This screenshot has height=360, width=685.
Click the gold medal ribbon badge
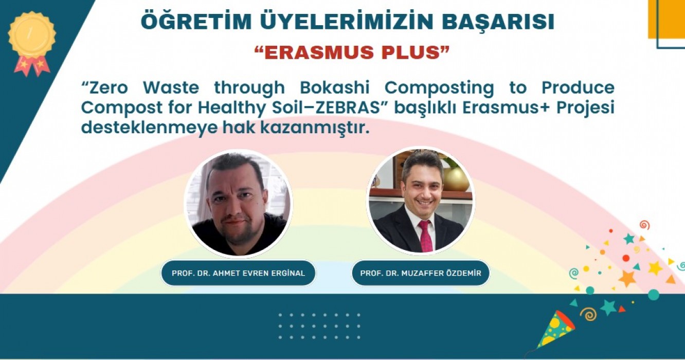[x=32, y=43]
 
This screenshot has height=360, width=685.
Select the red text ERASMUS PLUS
[x=352, y=52]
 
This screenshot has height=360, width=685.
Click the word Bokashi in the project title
[x=335, y=88]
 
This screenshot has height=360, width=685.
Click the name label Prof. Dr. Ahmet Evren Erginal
[x=238, y=273]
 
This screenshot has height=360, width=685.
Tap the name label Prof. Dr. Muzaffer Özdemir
[x=421, y=273]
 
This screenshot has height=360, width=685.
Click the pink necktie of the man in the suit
[x=425, y=236]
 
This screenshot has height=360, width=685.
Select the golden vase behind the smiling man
[x=456, y=179]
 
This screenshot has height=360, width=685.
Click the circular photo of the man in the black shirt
[x=238, y=203]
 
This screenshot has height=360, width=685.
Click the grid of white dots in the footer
[x=319, y=326]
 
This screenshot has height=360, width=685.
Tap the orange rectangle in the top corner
[x=666, y=19]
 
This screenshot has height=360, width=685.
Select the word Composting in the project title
[x=439, y=88]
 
